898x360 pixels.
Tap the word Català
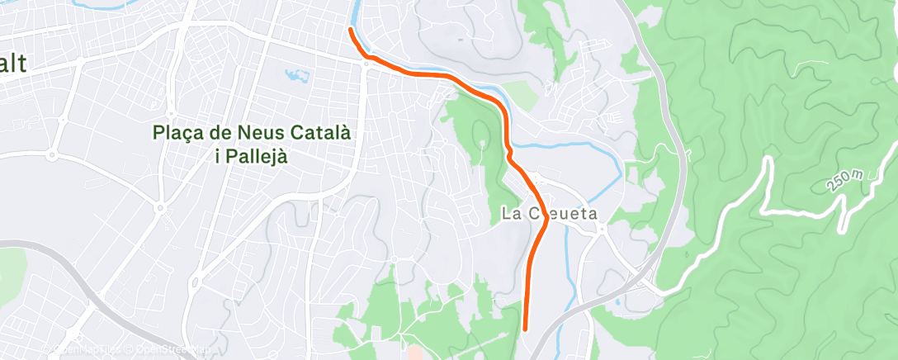[320, 132]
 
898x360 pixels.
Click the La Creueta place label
[549, 213]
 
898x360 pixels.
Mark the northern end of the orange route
[351, 30]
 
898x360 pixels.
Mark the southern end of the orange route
[526, 329]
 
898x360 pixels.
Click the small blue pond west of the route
[296, 77]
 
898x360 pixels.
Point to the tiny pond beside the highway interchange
[618, 303]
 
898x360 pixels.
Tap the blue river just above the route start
[356, 12]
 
